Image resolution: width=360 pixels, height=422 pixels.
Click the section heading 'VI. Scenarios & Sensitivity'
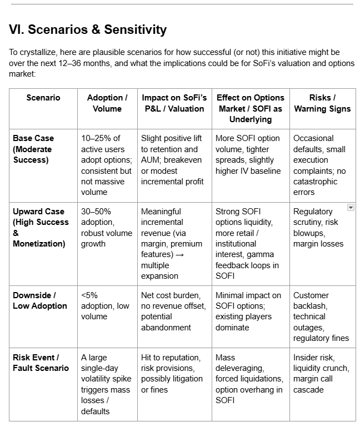pos(88,29)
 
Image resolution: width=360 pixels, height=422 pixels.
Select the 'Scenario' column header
pos(43,98)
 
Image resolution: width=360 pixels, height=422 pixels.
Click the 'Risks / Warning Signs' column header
pos(322,103)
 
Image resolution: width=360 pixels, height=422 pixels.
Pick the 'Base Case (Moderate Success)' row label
pos(33,149)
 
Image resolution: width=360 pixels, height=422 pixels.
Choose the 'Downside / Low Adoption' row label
pos(39,300)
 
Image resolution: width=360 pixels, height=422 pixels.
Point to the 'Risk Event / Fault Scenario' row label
pos(41,363)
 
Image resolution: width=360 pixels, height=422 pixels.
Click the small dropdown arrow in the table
pos(350,208)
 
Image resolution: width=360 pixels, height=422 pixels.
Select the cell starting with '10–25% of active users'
pos(107,165)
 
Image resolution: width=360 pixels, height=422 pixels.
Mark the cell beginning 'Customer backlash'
pos(321,316)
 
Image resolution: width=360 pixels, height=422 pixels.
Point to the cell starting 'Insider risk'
pos(321,374)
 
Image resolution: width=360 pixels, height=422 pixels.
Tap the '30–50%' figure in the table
pos(97,212)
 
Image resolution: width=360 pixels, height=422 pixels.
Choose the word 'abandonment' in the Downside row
pos(166,328)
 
